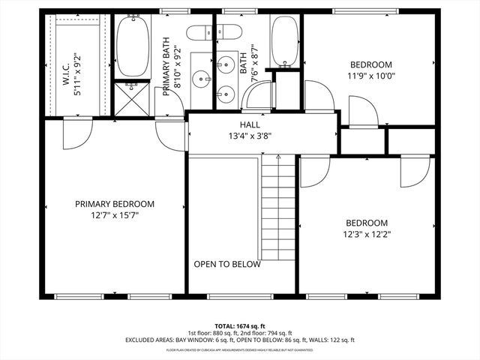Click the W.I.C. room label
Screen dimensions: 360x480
67,75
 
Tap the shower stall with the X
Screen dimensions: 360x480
132,99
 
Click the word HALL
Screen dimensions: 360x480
250,124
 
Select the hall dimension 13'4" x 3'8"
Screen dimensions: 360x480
250,136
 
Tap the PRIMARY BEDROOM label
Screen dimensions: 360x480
115,204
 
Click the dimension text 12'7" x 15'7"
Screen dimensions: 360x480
115,215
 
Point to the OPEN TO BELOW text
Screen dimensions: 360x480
227,264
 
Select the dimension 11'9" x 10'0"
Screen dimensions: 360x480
370,75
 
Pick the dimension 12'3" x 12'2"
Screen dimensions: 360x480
366,234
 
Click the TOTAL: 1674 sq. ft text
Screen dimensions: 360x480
239,327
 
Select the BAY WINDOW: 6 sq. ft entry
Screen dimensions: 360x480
199,340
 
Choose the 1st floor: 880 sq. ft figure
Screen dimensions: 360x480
212,334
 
